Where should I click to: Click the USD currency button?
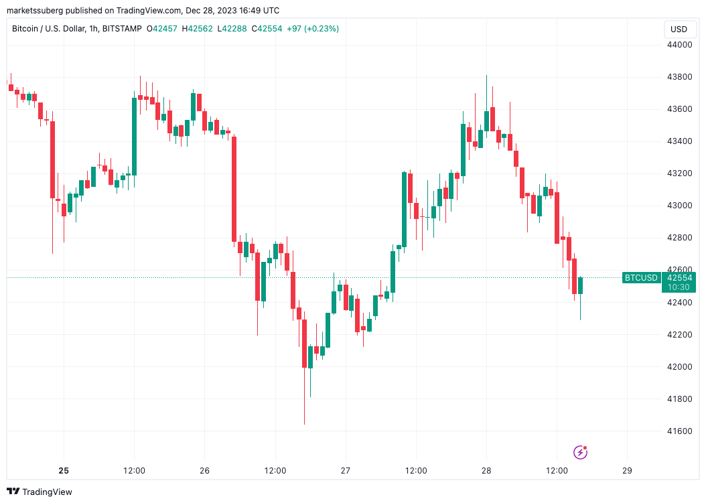pos(679,29)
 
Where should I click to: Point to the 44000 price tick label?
pos(679,45)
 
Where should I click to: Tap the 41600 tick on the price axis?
pos(679,431)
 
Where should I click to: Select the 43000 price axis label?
pos(679,206)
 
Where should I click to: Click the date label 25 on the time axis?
pos(64,471)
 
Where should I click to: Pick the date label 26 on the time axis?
pos(205,471)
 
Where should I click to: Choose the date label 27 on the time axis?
pos(346,471)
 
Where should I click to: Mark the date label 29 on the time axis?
pos(627,471)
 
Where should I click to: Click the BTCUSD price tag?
pos(641,277)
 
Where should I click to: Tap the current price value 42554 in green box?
pos(679,277)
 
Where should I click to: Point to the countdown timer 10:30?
pos(679,287)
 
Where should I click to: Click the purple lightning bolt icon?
pos(581,453)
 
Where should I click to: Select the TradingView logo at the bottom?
pos(40,492)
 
